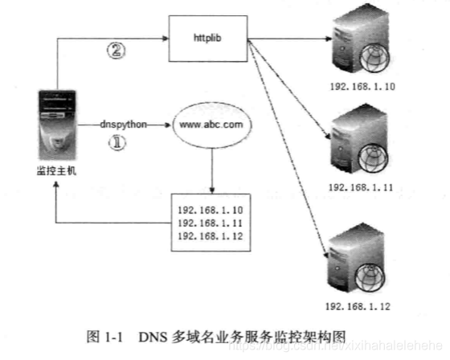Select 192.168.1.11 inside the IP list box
click(210, 222)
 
